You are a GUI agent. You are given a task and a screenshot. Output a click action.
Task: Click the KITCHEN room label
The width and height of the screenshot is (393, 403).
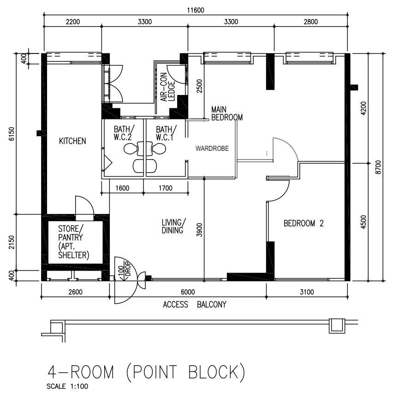(x=72, y=141)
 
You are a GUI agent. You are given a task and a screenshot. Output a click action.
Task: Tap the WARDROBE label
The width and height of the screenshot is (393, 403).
(x=212, y=148)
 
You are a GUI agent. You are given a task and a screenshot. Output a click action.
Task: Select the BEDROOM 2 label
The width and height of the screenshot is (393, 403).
(x=304, y=223)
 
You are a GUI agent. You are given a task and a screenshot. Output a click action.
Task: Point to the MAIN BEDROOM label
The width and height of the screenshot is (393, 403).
(x=226, y=113)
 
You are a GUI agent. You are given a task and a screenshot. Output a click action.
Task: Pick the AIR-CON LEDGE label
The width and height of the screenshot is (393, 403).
(x=167, y=87)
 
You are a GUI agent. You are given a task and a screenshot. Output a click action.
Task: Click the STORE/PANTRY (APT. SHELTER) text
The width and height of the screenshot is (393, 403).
(x=73, y=242)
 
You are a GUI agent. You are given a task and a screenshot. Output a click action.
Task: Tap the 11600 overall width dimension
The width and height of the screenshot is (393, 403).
(x=196, y=10)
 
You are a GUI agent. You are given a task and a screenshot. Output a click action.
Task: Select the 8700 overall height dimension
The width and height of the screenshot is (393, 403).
(x=378, y=167)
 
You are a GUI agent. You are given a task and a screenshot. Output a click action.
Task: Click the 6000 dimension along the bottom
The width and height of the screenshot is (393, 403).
(x=188, y=292)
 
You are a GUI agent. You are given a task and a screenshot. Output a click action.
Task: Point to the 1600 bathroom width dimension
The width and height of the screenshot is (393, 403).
(x=122, y=188)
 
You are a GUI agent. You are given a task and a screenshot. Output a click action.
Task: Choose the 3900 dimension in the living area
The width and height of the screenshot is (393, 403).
(x=199, y=230)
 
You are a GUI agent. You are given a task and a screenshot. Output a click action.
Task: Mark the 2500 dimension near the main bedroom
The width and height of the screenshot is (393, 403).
(x=199, y=86)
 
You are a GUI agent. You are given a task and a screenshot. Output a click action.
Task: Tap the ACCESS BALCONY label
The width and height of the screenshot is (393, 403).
(x=195, y=305)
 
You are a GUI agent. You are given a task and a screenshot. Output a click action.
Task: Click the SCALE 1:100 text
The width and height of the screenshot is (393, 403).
(x=67, y=386)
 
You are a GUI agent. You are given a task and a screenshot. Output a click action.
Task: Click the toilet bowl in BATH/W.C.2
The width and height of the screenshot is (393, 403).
(x=131, y=149)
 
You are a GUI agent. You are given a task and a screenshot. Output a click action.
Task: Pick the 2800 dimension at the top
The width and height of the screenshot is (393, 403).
(x=311, y=22)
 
